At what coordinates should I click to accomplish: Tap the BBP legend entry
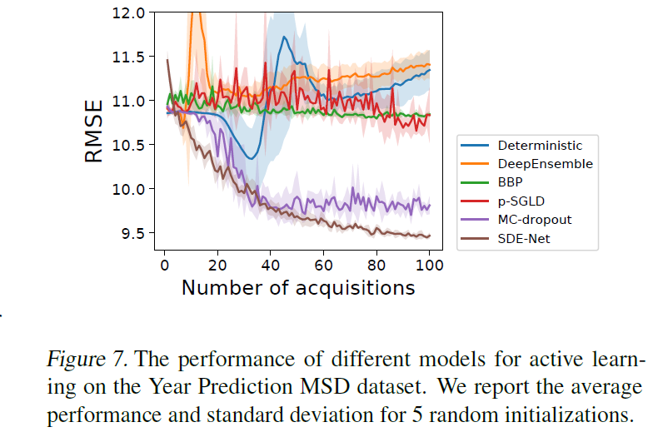[x=511, y=182]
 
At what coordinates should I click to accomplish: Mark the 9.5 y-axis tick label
[x=132, y=233]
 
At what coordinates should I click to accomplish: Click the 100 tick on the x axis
[x=429, y=265]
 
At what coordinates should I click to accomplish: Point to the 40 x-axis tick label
[x=270, y=265]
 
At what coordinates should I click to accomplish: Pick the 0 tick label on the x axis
[x=164, y=265]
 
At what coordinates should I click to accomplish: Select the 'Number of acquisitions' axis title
[x=297, y=288]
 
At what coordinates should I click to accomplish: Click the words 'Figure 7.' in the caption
[x=87, y=360]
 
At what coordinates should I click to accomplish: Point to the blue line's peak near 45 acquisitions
[x=285, y=37]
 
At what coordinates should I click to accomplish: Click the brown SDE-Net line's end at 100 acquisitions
[x=429, y=236]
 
